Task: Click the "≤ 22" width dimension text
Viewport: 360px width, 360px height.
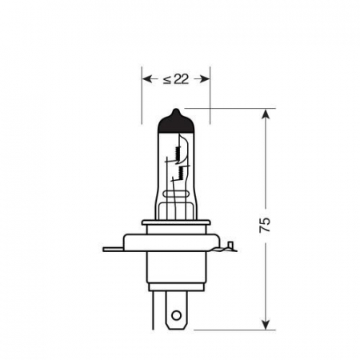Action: point(176,79)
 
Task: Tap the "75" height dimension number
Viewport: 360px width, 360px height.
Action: point(265,225)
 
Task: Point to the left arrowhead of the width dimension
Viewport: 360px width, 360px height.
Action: point(147,79)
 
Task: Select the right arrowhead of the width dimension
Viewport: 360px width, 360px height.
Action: point(204,79)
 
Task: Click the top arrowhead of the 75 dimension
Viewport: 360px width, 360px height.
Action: point(265,114)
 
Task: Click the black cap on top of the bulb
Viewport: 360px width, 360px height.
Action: point(176,122)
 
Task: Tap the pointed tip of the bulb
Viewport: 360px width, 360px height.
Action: point(176,109)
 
